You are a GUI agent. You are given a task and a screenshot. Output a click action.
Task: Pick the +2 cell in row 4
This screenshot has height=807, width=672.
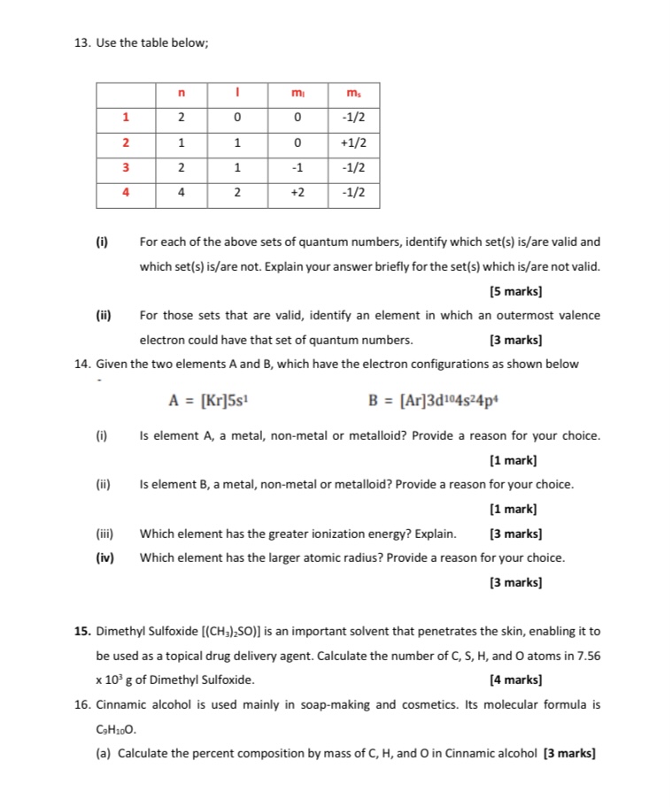click(297, 192)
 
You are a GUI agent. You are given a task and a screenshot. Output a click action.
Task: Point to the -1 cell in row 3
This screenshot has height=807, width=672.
click(297, 167)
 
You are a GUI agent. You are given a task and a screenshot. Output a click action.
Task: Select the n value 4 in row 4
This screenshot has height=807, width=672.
click(180, 192)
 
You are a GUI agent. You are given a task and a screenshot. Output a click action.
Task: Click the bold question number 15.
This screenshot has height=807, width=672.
click(82, 632)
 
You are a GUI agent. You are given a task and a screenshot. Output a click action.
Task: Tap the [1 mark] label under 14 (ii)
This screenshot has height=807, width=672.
click(514, 509)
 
